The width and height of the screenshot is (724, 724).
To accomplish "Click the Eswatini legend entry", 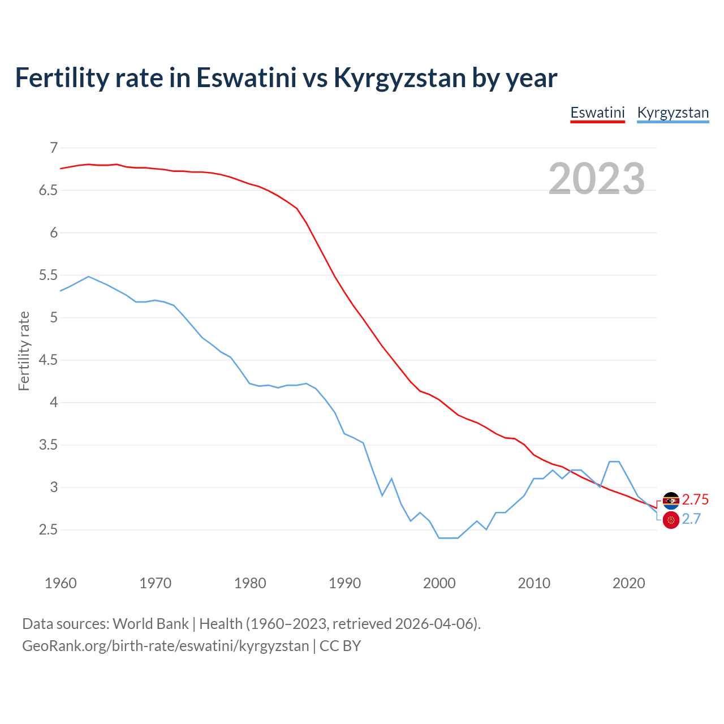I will point(597,113).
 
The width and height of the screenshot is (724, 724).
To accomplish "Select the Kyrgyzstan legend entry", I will point(673,113).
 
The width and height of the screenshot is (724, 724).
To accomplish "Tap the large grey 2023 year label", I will point(597,179).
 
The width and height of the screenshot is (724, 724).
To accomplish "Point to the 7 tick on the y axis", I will point(54,148).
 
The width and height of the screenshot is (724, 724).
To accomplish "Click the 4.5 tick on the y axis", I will point(49,360).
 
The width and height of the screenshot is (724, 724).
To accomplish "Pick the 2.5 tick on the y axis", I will point(49,530).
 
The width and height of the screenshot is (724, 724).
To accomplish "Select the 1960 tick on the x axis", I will point(61,583).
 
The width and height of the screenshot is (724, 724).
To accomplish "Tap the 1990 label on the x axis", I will point(344,583).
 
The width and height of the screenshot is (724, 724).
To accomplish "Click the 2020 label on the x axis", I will point(628,583).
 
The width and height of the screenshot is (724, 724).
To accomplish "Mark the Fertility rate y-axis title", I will point(24,351).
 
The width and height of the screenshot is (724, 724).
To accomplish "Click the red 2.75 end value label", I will point(695,499).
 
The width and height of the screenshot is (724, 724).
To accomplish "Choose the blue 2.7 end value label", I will point(691,519).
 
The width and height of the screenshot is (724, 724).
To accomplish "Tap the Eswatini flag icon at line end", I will point(671,500).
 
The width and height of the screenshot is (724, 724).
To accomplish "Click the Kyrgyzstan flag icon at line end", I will point(671,520).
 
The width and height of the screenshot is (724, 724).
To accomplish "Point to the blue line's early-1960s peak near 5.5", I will point(88,277).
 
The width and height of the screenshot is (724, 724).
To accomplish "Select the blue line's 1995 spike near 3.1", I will point(391,479).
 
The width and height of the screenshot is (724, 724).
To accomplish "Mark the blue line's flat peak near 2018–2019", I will point(614,462).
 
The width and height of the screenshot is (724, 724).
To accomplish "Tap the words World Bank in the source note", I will point(150,623).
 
